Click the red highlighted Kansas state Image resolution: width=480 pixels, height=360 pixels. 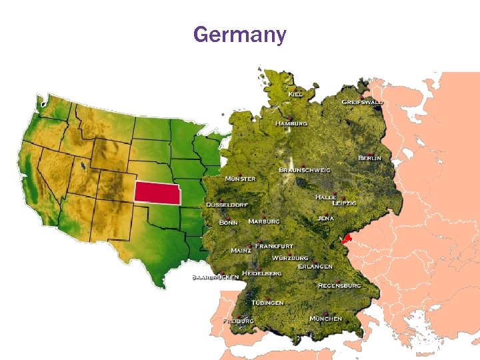(158, 191)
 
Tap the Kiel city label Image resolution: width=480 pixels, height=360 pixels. (295, 95)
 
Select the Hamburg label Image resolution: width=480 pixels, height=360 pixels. (292, 123)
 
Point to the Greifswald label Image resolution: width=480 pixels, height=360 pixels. (363, 102)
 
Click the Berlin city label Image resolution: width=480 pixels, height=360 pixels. (370, 157)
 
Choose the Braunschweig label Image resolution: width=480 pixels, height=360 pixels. (305, 170)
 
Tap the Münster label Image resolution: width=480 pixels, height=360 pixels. (240, 179)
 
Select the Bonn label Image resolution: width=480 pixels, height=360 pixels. (229, 221)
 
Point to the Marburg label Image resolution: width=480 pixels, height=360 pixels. (264, 221)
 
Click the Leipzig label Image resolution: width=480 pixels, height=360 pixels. (344, 203)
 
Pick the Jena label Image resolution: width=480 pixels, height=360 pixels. (325, 218)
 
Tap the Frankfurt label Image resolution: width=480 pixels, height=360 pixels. (275, 245)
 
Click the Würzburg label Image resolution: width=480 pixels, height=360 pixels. (290, 257)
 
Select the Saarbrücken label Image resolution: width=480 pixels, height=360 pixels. (215, 277)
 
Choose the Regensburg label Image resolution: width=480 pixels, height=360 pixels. (339, 285)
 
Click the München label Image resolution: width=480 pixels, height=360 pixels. (326, 319)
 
